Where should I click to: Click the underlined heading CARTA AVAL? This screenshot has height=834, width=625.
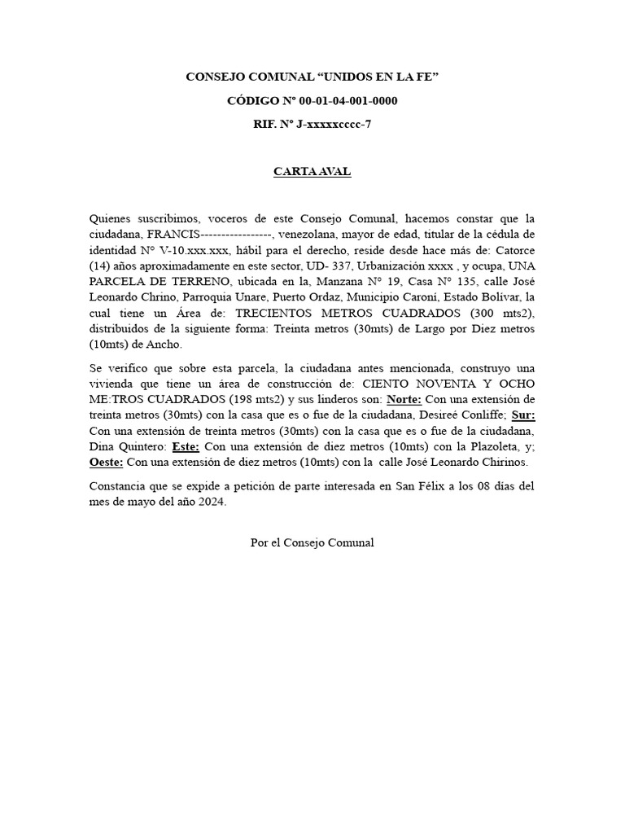pyautogui.click(x=312, y=173)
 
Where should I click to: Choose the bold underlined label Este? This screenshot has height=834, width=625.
pyautogui.click(x=186, y=447)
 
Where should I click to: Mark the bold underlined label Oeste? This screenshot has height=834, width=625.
pyautogui.click(x=106, y=463)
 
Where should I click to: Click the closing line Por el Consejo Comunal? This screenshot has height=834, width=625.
pyautogui.click(x=312, y=542)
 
